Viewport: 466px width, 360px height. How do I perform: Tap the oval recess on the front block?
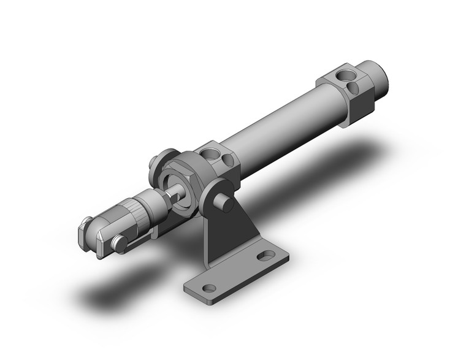tap(229, 161)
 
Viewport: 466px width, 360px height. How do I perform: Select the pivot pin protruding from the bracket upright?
tap(225, 202)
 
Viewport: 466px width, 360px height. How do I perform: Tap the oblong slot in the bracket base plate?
tap(265, 255)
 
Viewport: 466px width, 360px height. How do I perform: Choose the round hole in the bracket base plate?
tap(209, 288)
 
